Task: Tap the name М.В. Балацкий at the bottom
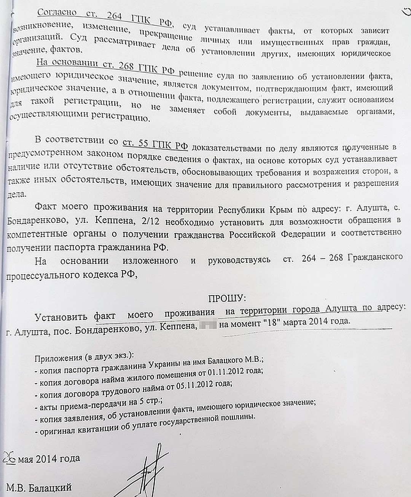point(39,487)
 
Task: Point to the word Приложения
point(58,358)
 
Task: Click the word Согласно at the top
point(57,12)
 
